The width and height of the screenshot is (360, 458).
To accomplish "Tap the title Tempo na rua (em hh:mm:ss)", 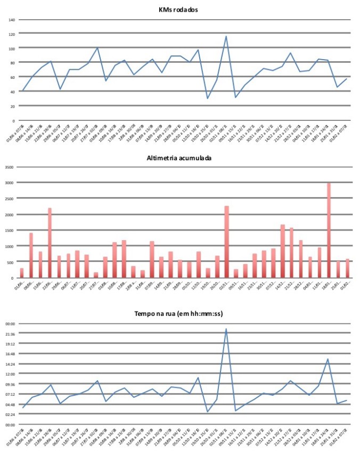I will coord(179,314).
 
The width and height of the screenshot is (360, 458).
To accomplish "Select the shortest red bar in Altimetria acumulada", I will coord(96,275).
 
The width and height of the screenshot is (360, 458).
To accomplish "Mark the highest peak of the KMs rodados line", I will coord(226,36).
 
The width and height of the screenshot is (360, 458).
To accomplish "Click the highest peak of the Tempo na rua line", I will coord(226,329).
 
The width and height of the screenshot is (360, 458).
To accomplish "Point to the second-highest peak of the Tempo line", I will coord(328,359).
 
